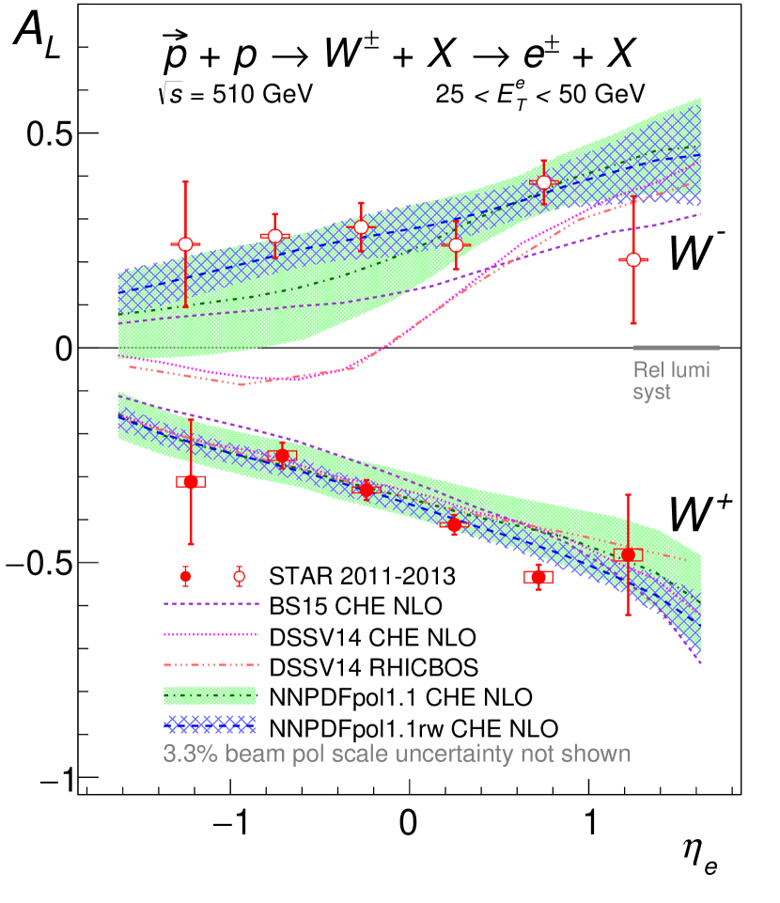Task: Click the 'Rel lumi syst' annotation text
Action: tap(671, 381)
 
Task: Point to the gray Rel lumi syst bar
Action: tap(676, 348)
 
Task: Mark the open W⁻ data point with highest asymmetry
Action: tap(543, 182)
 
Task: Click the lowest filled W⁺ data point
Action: tap(538, 577)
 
